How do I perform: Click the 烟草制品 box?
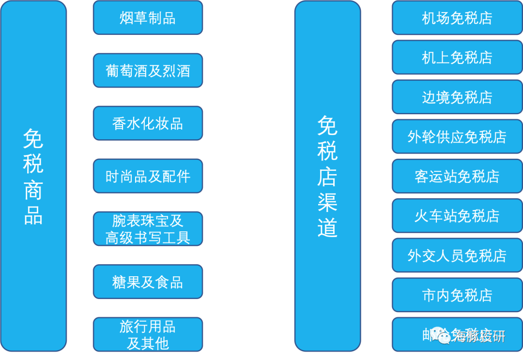[148, 18]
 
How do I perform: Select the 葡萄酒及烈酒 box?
[148, 71]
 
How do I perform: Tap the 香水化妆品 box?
[148, 123]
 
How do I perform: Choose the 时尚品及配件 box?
[148, 176]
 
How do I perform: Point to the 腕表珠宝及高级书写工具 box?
[148, 229]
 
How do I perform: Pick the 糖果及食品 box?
[148, 282]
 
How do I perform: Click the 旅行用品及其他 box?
[148, 334]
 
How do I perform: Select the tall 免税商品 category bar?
[33, 176]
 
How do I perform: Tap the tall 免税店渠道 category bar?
[327, 176]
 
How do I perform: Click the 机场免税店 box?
[457, 18]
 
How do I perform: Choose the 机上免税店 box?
[457, 58]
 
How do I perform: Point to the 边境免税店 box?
[457, 97]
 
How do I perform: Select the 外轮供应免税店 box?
[457, 137]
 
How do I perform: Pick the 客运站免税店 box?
[457, 176]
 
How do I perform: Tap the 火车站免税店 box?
[457, 216]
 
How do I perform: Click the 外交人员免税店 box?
[457, 255]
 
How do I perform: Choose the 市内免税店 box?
[457, 295]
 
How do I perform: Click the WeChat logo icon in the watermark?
[441, 335]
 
